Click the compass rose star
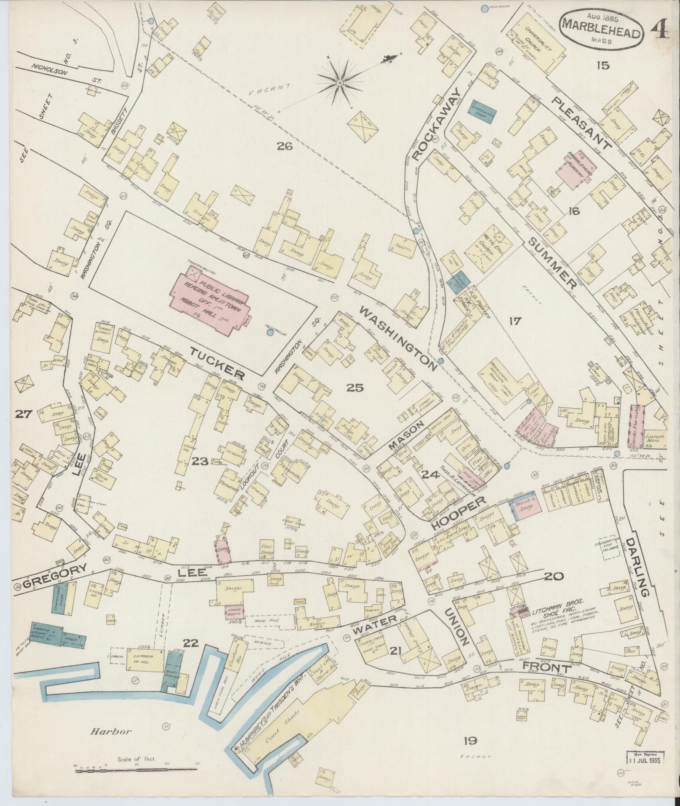pos(339,83)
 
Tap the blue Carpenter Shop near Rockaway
pos(482,111)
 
